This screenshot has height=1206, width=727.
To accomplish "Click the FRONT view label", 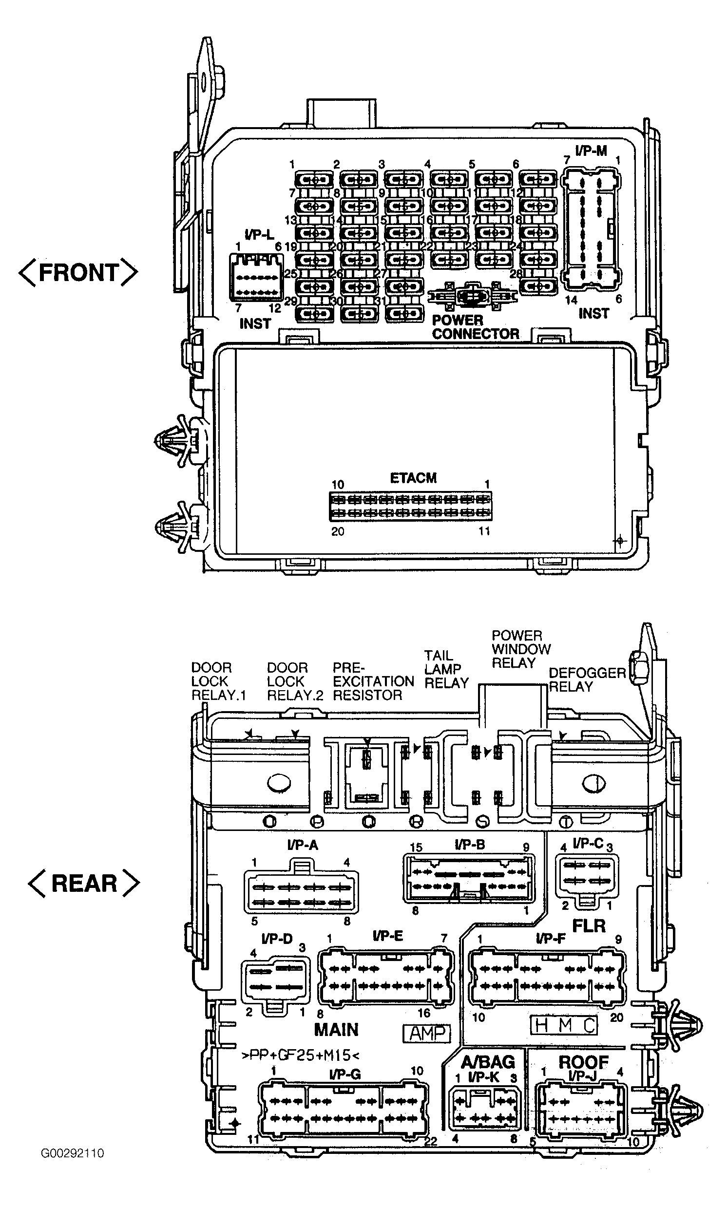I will pos(78,273).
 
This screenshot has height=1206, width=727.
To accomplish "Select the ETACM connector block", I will pos(410,507).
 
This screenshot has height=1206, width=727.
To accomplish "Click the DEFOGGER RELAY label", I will pos(587,679).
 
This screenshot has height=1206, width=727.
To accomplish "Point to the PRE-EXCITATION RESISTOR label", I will pos(373,681).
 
